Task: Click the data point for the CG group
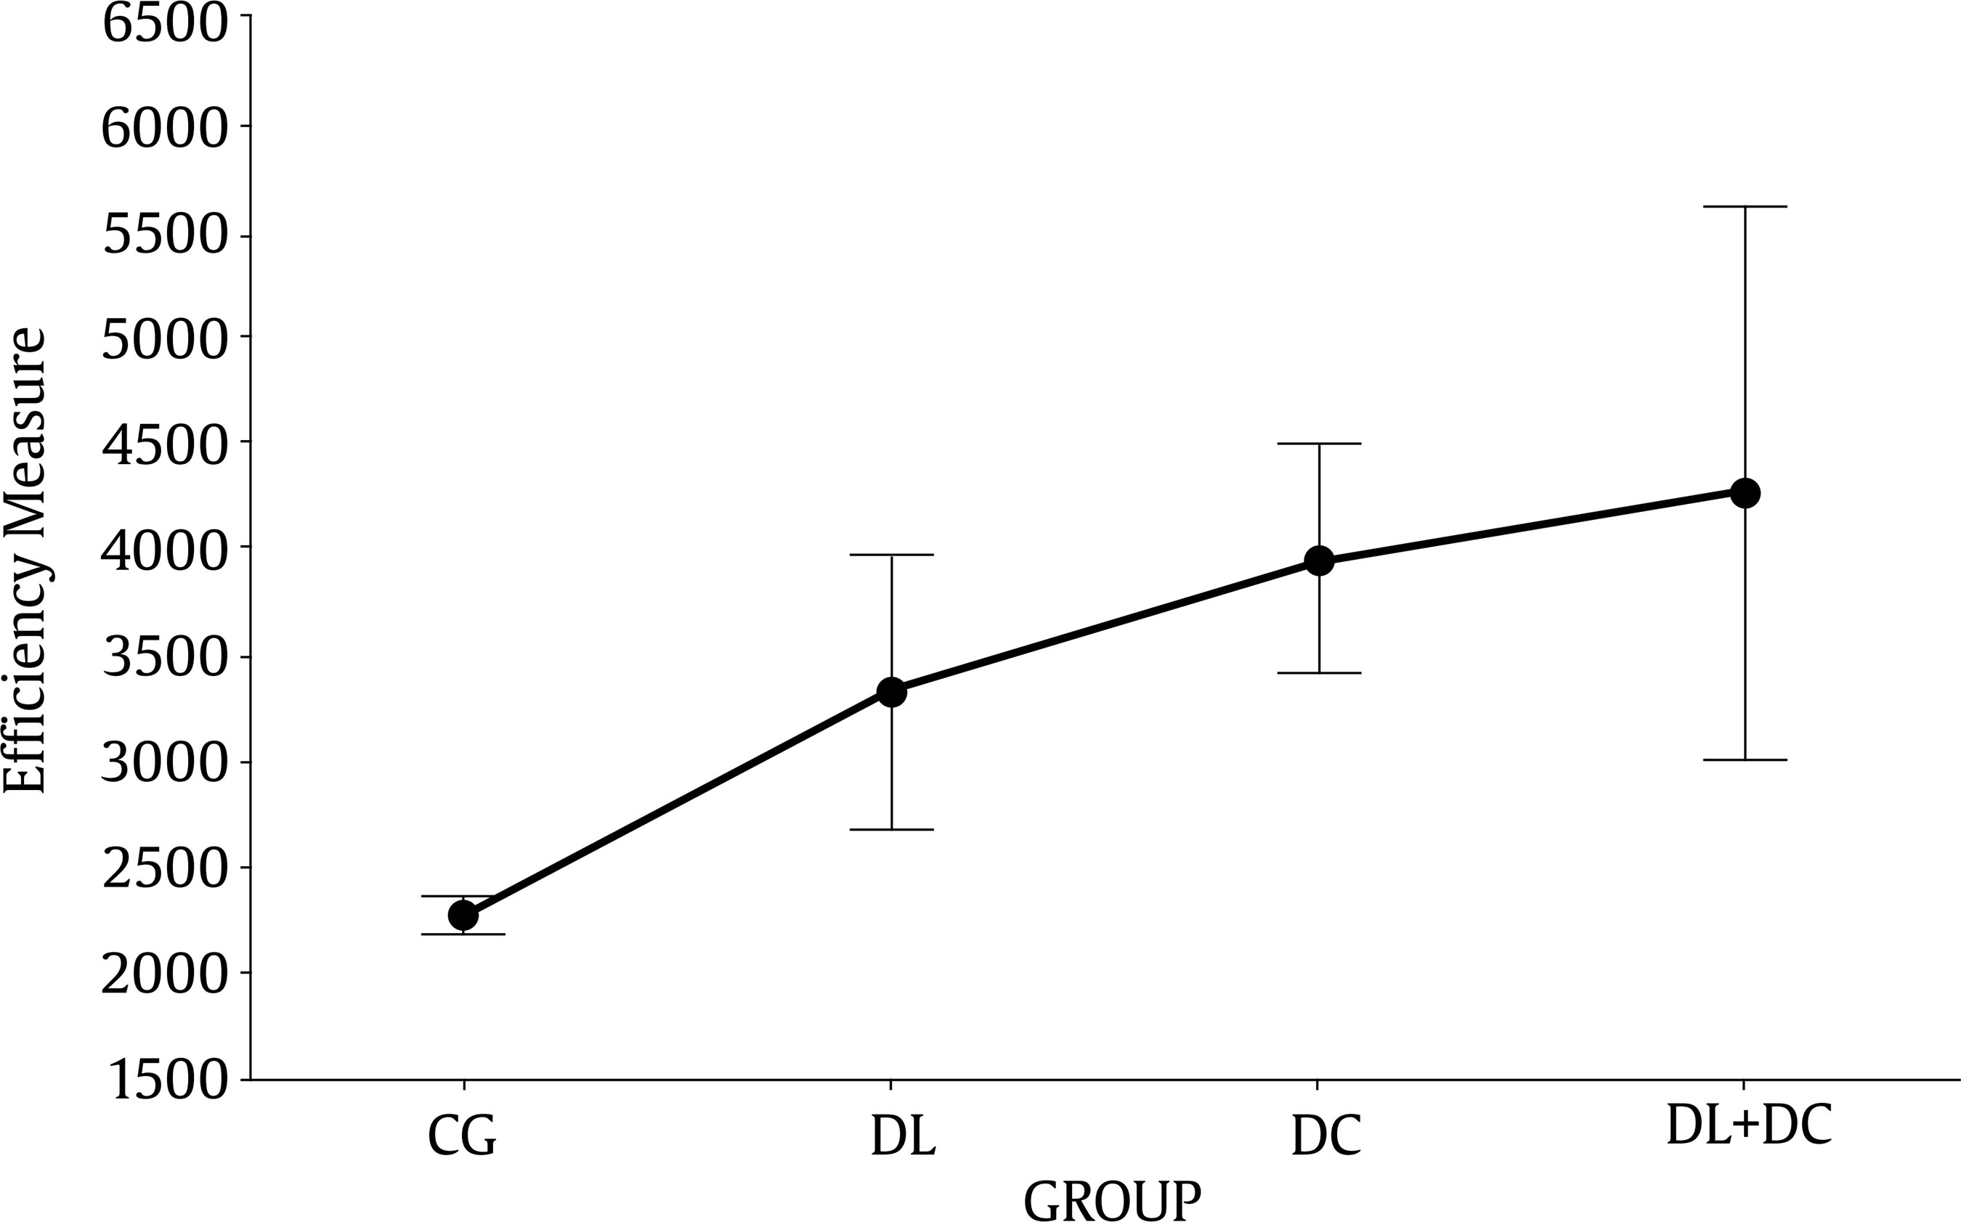click(x=463, y=915)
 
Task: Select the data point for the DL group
click(x=892, y=692)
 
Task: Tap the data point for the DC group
click(x=1319, y=560)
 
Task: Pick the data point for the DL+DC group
click(x=1745, y=492)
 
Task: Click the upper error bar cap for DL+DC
click(x=1745, y=207)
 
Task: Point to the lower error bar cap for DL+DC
click(x=1745, y=759)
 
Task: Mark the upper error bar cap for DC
click(x=1319, y=444)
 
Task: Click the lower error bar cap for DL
click(x=892, y=829)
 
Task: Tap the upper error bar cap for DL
click(x=892, y=555)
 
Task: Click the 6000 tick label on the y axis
click(x=164, y=128)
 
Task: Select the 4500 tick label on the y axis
click(x=164, y=444)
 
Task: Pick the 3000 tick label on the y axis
click(x=164, y=762)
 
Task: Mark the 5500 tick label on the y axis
click(x=164, y=234)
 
